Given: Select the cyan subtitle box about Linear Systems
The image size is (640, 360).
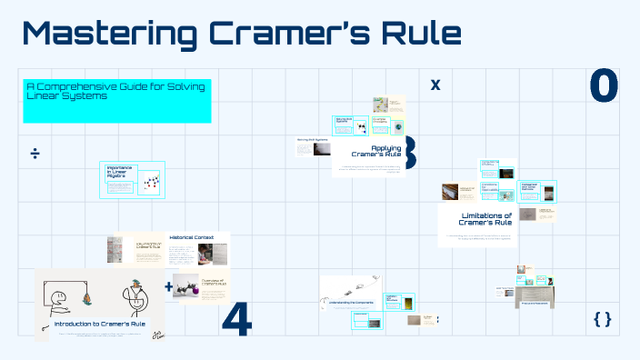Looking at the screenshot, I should [116, 100].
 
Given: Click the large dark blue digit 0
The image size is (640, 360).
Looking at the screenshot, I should [604, 85].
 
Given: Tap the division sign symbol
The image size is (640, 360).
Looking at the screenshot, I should [35, 152].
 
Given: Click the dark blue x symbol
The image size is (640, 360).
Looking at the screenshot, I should [435, 85].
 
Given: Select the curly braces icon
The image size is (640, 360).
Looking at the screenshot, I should [602, 319].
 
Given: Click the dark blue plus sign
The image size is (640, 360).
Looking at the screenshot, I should [168, 287].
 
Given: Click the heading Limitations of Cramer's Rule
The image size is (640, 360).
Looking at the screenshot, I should [480, 218].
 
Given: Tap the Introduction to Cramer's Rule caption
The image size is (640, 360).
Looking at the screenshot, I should [99, 325].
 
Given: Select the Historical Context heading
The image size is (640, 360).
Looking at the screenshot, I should [191, 237].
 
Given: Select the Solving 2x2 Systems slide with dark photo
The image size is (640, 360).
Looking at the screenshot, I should [312, 151].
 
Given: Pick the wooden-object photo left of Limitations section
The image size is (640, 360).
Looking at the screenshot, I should [450, 192].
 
